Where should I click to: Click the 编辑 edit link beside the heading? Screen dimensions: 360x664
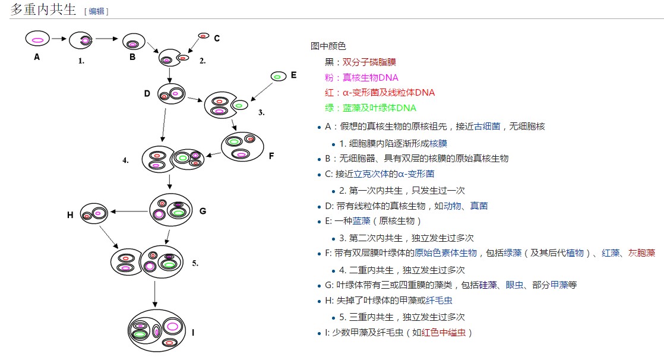[x=96, y=11]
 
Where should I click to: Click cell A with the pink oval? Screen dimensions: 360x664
[x=37, y=40]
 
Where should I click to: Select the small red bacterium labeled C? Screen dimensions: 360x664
[x=204, y=36]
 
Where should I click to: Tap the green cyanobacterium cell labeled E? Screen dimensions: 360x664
[x=278, y=77]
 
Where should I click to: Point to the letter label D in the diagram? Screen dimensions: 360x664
[x=147, y=93]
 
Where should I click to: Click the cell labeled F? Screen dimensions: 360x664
[x=242, y=146]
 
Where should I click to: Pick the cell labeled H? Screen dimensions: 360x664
[x=93, y=214]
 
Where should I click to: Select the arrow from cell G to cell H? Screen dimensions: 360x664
[x=128, y=211]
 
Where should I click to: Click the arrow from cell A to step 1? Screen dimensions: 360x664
[x=58, y=40]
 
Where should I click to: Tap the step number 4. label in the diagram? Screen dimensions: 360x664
[x=126, y=160]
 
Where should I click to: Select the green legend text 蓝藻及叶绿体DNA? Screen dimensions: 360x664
[x=379, y=108]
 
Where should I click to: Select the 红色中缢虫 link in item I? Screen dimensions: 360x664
[x=444, y=333]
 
